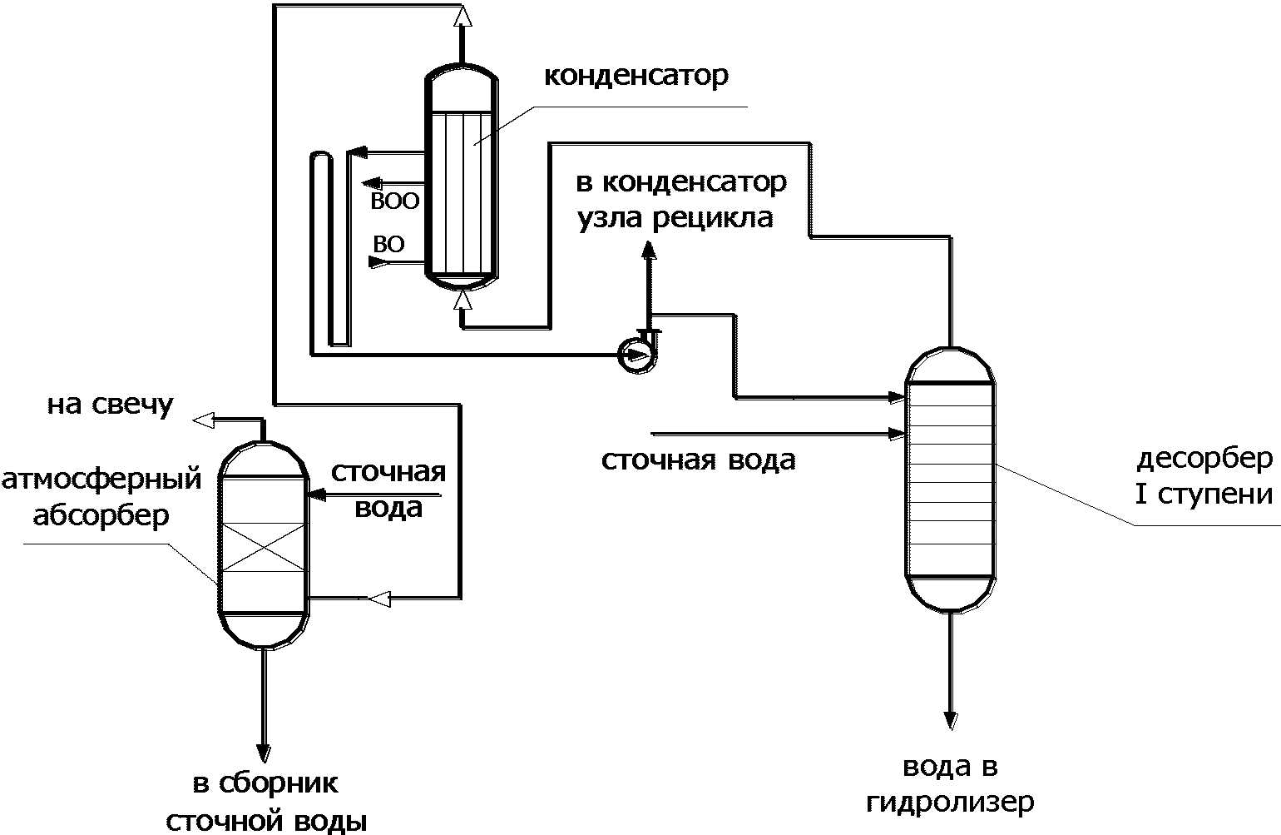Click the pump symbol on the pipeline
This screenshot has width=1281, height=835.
[636, 355]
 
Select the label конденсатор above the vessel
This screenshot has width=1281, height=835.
[636, 77]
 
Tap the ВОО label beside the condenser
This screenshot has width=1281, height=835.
[394, 201]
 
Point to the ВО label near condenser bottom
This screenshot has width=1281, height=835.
[388, 245]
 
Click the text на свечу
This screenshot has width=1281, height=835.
[110, 405]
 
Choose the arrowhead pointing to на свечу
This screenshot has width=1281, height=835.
[203, 420]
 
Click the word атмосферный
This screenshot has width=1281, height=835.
[101, 480]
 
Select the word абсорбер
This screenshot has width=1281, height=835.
[101, 515]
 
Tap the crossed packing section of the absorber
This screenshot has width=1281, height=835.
[263, 547]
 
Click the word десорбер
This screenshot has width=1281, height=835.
[1205, 459]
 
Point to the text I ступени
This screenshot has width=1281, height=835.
[1204, 495]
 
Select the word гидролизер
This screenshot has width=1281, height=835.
[950, 803]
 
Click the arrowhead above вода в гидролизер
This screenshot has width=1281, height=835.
[951, 720]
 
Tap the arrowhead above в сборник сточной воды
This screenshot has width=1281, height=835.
[263, 753]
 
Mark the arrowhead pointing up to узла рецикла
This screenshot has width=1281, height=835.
[649, 251]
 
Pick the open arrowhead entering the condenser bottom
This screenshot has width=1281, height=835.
[463, 300]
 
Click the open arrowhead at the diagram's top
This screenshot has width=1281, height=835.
[462, 17]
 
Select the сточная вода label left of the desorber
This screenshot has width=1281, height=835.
[698, 460]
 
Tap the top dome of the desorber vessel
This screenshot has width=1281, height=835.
[950, 365]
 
